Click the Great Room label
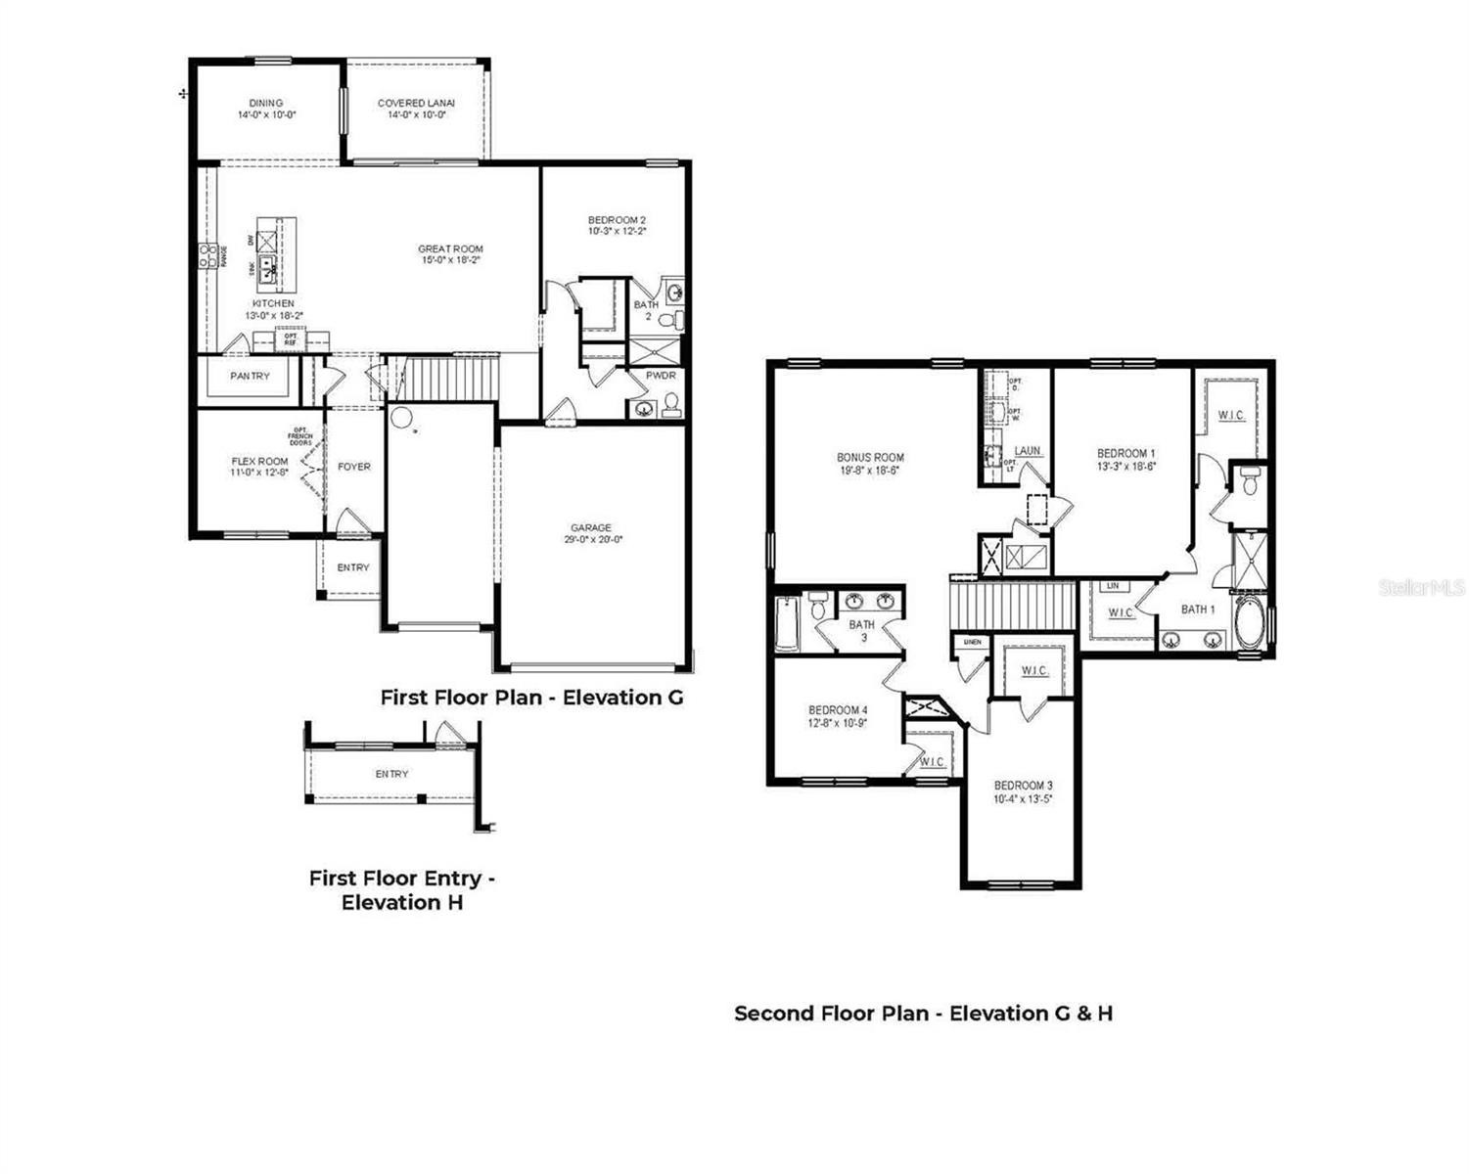tap(450, 249)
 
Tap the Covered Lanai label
tap(416, 103)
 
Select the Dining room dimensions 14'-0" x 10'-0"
tap(266, 115)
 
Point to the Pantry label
tap(250, 376)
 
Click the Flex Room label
tap(259, 462)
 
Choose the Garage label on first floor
tap(591, 528)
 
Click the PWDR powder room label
tap(661, 376)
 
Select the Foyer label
tap(354, 467)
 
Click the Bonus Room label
tap(870, 457)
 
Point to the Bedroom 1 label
tap(1125, 453)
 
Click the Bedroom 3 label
tap(1023, 786)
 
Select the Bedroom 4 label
tap(838, 710)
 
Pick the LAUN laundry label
tap(1028, 451)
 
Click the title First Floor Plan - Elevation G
tap(531, 698)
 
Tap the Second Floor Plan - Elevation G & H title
tap(923, 1014)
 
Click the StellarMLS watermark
tap(1422, 588)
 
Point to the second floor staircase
tap(1013, 606)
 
